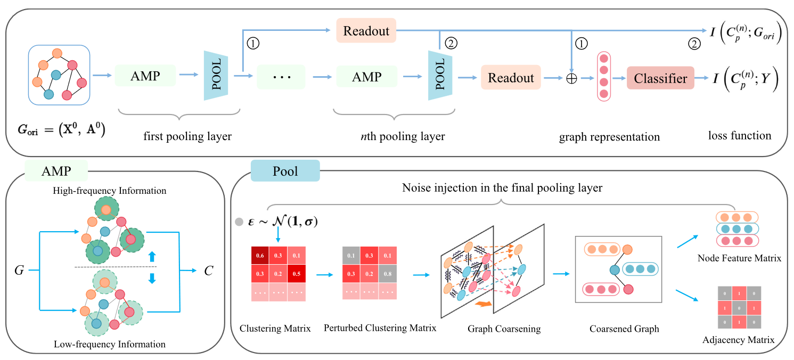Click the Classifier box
660,79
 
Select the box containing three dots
281,77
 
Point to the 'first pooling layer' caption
187,136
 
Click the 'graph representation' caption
609,137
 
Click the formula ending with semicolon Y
746,79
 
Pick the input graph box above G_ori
59,74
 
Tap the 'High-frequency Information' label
110,191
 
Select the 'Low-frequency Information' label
110,344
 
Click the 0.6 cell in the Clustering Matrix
259,256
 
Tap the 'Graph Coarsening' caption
504,329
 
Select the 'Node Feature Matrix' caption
739,258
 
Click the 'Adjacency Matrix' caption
738,339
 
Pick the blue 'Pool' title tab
285,171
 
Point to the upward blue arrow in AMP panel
152,256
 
